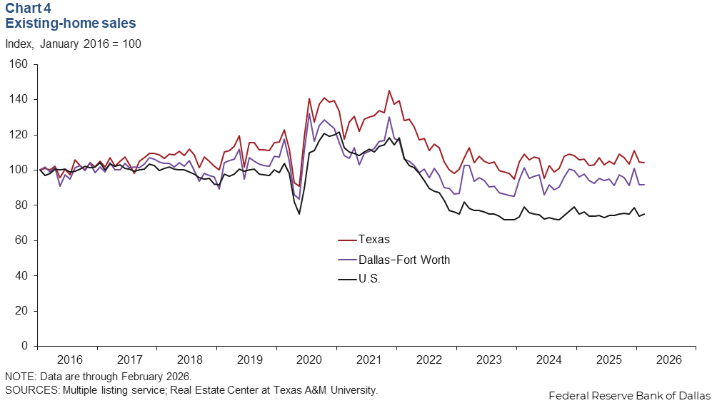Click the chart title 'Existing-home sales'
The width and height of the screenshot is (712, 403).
[71, 24]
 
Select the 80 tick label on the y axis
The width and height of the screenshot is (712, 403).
[21, 205]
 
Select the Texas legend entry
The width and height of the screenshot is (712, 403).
[373, 240]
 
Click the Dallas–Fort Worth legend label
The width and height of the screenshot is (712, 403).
[403, 260]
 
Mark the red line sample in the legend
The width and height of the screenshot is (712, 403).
[346, 240]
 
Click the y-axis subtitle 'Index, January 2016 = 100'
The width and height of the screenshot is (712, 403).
[73, 44]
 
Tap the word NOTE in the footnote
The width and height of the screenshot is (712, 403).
[19, 376]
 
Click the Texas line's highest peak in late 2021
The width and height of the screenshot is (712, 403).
[389, 91]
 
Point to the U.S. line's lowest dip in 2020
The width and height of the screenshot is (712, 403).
[299, 214]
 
